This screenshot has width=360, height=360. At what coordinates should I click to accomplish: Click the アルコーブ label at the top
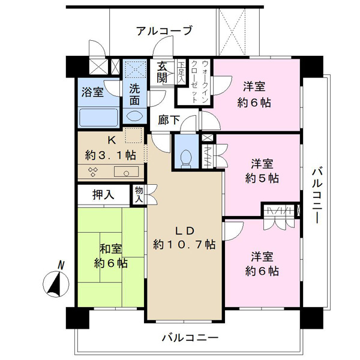pos(164,31)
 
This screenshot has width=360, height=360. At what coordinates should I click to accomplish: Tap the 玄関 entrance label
pos(162,73)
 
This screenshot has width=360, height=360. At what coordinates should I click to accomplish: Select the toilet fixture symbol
pos(186,158)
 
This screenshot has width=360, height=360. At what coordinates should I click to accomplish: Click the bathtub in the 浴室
pos(99,118)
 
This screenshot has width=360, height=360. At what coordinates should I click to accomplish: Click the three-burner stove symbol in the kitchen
pos(94,172)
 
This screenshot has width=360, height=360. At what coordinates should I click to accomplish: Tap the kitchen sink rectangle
pos(126,172)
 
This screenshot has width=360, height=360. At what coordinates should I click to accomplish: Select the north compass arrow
pos(56,284)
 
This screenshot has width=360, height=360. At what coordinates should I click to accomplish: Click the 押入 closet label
pos(103,195)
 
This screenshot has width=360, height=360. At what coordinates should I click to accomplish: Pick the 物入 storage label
pos(139,194)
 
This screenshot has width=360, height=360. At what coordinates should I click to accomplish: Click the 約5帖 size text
pos(262,178)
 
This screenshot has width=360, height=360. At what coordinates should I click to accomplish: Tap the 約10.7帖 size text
pos(184,245)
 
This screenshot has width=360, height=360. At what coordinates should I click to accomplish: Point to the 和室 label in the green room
pos(111,249)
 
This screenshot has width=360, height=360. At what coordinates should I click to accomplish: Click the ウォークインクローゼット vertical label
pos(199,82)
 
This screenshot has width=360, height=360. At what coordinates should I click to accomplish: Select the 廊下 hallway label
pos(169,120)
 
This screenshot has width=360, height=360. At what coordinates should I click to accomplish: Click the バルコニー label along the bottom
pos(190,338)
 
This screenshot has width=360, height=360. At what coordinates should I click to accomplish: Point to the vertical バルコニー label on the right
pos(317,196)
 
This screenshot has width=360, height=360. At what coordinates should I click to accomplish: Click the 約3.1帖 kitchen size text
pos(110,155)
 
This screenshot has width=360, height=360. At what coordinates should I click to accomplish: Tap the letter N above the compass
pos(61,265)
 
